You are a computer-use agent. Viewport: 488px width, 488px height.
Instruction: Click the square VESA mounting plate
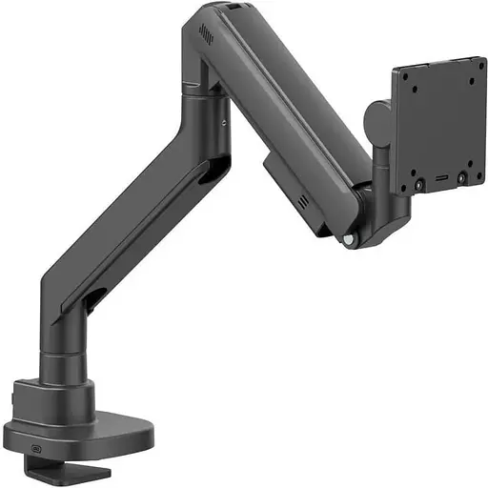(439, 124)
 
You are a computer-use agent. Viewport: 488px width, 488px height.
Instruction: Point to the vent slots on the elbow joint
(204, 33)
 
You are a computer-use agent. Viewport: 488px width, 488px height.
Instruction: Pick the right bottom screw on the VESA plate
(462, 177)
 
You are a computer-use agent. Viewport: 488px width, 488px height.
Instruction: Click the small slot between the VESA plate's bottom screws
(440, 180)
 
